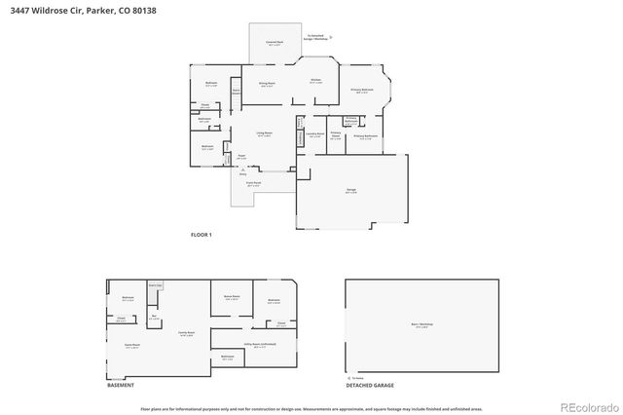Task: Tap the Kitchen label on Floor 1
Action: point(315,81)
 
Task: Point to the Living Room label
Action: point(264,133)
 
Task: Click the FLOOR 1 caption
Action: point(202,235)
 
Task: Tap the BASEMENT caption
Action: point(121,386)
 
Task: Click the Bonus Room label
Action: point(232,297)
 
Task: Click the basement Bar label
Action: point(154,316)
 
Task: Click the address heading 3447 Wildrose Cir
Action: point(48,11)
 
